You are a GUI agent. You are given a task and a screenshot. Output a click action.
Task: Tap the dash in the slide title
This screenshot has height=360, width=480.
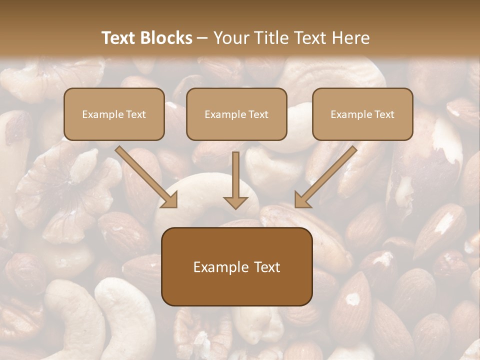(202, 38)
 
